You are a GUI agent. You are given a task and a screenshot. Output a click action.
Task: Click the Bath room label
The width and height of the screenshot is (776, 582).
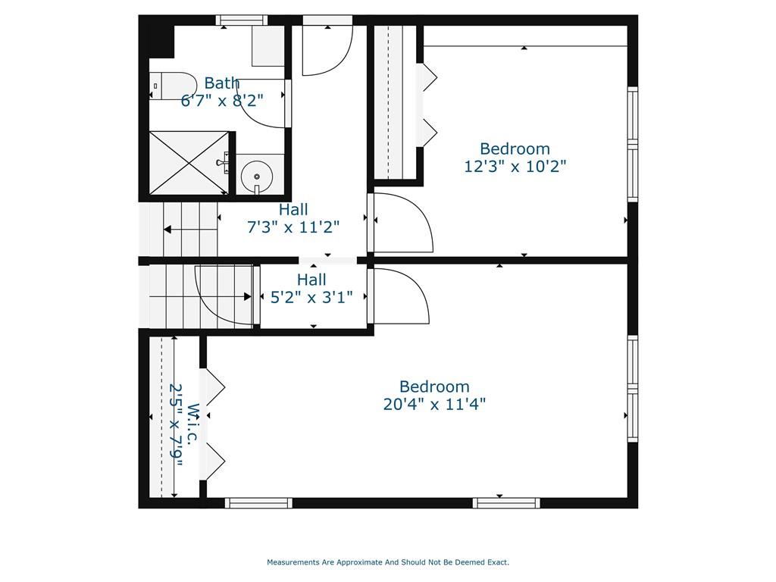(x=222, y=83)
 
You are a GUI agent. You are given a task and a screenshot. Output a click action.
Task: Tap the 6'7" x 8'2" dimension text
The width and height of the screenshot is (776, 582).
(x=222, y=101)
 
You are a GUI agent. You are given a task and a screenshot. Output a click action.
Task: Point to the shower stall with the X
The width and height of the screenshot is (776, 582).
(x=189, y=163)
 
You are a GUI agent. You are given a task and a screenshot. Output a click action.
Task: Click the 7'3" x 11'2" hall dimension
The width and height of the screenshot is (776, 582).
(x=293, y=227)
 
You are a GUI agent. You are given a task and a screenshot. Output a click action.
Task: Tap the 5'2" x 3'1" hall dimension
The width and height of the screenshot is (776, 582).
(x=311, y=297)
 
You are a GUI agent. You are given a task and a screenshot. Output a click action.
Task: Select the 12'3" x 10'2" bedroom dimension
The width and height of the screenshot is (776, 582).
(x=515, y=166)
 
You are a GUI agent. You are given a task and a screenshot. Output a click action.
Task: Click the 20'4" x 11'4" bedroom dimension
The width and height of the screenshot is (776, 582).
(x=434, y=404)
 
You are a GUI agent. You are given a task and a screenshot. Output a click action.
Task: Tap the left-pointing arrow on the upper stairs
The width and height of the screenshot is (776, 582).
(x=190, y=230)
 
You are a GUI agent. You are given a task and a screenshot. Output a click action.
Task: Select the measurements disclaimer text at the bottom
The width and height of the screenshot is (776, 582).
(x=388, y=562)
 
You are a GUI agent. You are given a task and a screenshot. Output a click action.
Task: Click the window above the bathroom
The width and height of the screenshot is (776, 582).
(x=242, y=20)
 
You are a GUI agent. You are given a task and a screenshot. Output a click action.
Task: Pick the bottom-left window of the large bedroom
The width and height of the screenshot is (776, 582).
(x=258, y=503)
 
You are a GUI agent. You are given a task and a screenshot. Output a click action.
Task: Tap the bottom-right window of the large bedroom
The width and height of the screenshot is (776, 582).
(x=506, y=503)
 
